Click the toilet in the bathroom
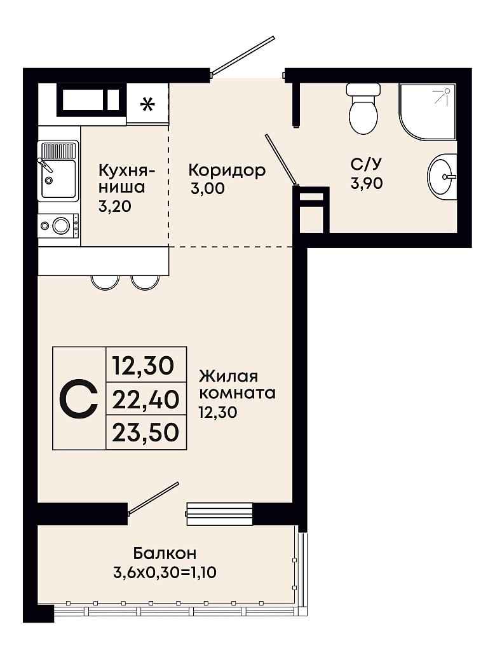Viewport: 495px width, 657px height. pyautogui.click(x=363, y=108)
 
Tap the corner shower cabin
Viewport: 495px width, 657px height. pyautogui.click(x=427, y=111)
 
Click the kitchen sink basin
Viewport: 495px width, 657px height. pyautogui.click(x=58, y=178)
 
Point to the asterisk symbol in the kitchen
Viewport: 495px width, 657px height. pyautogui.click(x=147, y=104)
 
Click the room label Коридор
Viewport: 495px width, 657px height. pyautogui.click(x=227, y=170)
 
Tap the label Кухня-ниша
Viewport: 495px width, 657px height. pyautogui.click(x=127, y=179)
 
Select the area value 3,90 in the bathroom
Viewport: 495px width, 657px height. pyautogui.click(x=367, y=183)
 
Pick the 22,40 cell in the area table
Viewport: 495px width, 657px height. pyautogui.click(x=146, y=399)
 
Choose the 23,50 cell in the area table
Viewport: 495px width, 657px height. pyautogui.click(x=146, y=432)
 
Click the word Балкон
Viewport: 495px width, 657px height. pyautogui.click(x=165, y=553)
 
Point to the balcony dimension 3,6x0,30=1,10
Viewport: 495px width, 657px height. pyautogui.click(x=165, y=572)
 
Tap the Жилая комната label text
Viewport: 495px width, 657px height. pyautogui.click(x=237, y=385)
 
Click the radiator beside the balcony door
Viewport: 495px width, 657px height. pyautogui.click(x=219, y=513)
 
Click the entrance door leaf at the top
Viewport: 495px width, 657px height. pyautogui.click(x=243, y=55)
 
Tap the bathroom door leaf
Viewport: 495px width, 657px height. pyautogui.click(x=281, y=159)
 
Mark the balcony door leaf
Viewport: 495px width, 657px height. pyautogui.click(x=153, y=497)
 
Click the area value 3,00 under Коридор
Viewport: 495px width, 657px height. pyautogui.click(x=208, y=188)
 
